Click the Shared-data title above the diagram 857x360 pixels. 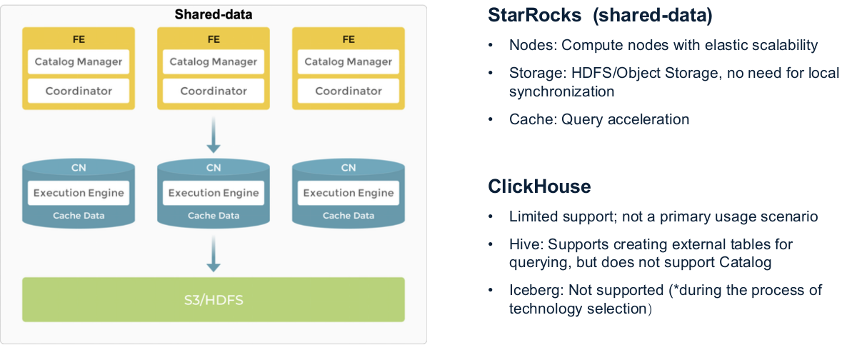[214, 14]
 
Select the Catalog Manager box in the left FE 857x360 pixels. [79, 62]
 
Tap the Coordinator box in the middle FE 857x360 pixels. [214, 91]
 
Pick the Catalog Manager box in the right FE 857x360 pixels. [349, 62]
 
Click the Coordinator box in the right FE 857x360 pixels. [349, 91]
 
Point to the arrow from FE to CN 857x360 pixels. [214, 136]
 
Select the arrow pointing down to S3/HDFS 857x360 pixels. [214, 254]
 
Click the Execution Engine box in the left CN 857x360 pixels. [79, 193]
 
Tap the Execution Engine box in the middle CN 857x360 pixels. [214, 193]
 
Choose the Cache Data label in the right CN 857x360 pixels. [349, 216]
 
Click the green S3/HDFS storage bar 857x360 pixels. [214, 299]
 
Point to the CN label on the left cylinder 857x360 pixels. [79, 168]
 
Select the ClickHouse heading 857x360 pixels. [539, 187]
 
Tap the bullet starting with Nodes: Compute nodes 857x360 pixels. [663, 46]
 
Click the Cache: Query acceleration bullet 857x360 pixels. [599, 119]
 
